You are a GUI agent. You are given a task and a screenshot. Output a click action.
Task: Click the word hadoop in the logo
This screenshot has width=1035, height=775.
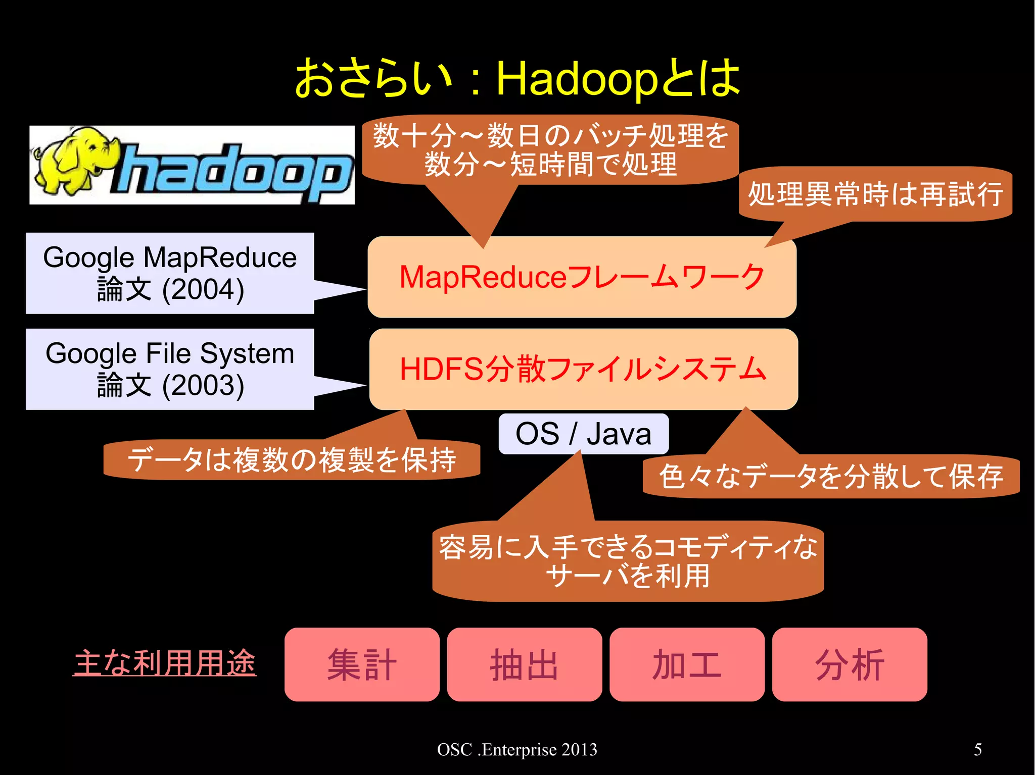pyautogui.click(x=232, y=172)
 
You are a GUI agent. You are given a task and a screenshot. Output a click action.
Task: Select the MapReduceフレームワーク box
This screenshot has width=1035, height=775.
pyautogui.click(x=582, y=277)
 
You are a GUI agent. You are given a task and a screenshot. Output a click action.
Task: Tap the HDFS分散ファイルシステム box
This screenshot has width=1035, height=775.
pyautogui.click(x=583, y=369)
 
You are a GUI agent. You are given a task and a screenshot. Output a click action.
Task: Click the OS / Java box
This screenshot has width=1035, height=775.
pyautogui.click(x=583, y=434)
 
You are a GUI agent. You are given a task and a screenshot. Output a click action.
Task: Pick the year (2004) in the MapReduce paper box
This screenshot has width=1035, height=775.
pyautogui.click(x=203, y=290)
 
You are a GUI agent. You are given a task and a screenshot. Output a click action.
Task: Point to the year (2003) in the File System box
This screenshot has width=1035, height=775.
pyautogui.click(x=203, y=386)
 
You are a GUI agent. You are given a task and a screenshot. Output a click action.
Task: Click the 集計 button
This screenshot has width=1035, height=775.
pyautogui.click(x=362, y=664)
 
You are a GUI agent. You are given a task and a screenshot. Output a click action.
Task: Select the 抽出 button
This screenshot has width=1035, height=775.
pyautogui.click(x=524, y=664)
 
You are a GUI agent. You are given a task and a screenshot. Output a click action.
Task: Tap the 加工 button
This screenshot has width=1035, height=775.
pyautogui.click(x=687, y=664)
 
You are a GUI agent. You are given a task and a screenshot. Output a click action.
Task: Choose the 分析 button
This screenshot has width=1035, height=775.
pyautogui.click(x=850, y=664)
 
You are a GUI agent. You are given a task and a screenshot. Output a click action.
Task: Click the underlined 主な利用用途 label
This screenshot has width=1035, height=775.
pyautogui.click(x=165, y=663)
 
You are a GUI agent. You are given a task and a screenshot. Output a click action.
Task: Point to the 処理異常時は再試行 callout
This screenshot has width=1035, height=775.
pyautogui.click(x=875, y=194)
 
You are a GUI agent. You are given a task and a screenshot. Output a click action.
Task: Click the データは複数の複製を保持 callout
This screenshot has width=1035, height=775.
pyautogui.click(x=292, y=460)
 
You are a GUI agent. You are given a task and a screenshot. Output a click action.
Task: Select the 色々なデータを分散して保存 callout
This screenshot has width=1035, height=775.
pyautogui.click(x=831, y=476)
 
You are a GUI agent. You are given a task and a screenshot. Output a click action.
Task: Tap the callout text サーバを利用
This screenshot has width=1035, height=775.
pyautogui.click(x=628, y=576)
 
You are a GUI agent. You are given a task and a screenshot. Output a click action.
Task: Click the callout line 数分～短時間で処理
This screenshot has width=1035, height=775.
pyautogui.click(x=550, y=164)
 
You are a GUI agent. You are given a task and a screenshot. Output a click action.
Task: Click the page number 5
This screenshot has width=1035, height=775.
pyautogui.click(x=978, y=749)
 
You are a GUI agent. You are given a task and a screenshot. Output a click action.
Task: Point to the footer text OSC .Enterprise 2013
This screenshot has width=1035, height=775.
pyautogui.click(x=517, y=749)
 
